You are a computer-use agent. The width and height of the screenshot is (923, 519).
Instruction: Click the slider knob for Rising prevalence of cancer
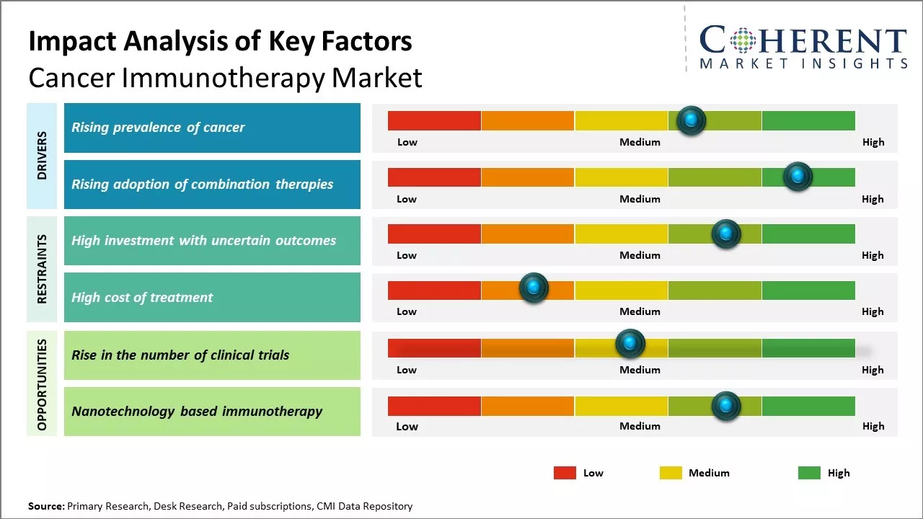pyautogui.click(x=692, y=120)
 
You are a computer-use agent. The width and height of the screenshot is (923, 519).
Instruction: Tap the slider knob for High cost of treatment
pyautogui.click(x=534, y=288)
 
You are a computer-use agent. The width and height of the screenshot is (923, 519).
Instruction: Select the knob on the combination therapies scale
pyautogui.click(x=798, y=177)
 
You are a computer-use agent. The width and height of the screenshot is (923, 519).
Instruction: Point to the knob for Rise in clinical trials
pyautogui.click(x=630, y=344)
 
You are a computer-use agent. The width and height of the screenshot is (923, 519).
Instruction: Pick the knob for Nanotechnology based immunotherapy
pyautogui.click(x=726, y=406)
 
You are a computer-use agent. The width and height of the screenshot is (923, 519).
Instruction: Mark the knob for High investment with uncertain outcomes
pyautogui.click(x=726, y=234)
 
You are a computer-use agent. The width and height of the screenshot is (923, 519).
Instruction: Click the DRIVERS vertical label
pyautogui.click(x=42, y=156)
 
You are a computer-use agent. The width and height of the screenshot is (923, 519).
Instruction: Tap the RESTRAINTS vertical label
pyautogui.click(x=42, y=269)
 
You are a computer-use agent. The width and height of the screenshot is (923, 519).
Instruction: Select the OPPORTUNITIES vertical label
pyautogui.click(x=42, y=384)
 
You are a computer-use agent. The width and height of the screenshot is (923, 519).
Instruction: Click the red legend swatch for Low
pyautogui.click(x=565, y=473)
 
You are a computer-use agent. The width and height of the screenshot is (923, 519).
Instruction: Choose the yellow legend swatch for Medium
pyautogui.click(x=671, y=473)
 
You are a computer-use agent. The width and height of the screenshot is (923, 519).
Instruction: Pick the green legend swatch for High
pyautogui.click(x=809, y=473)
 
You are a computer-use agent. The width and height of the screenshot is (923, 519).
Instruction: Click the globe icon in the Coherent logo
pyautogui.click(x=742, y=40)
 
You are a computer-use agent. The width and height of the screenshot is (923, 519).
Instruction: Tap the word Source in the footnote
pyautogui.click(x=45, y=506)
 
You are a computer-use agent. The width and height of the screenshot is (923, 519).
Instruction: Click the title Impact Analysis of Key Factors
pyautogui.click(x=220, y=42)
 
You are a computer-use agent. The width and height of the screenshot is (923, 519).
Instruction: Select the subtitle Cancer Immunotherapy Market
pyautogui.click(x=225, y=78)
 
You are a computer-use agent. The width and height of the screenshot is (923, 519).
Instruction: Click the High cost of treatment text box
pyautogui.click(x=212, y=297)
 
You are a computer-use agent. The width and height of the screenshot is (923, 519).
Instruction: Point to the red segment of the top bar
pyautogui.click(x=434, y=120)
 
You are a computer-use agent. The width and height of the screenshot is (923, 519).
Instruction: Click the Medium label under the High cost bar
pyautogui.click(x=640, y=311)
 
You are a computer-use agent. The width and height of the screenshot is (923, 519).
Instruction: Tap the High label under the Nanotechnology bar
pyautogui.click(x=873, y=426)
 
